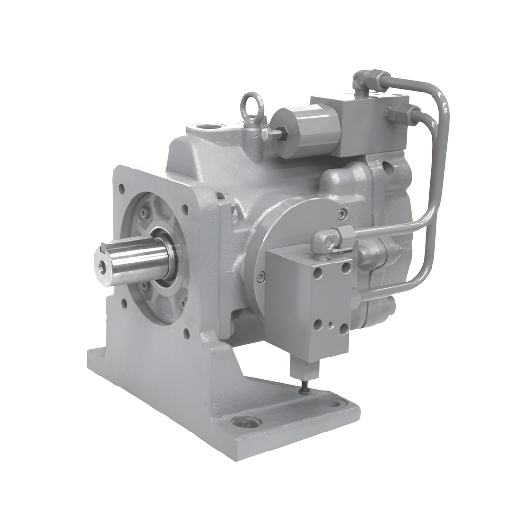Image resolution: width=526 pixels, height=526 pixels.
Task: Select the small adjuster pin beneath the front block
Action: tap(304, 387)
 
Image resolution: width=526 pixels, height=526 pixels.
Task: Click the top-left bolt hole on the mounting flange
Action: tap(121, 187)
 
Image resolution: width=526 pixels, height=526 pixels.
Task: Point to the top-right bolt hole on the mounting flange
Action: tap(185, 209)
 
